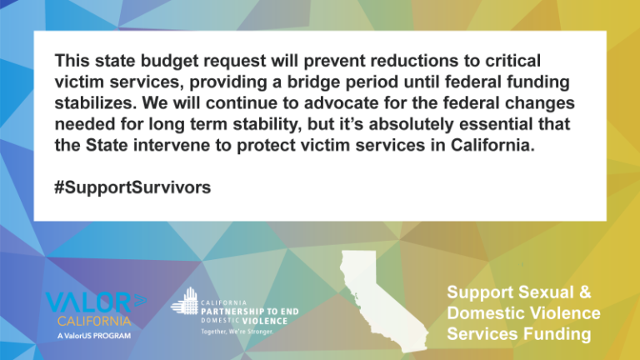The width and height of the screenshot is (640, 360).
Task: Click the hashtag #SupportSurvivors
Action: [x=132, y=187]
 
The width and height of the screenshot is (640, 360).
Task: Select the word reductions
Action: [x=415, y=60]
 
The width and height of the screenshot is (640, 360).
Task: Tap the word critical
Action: [x=513, y=60]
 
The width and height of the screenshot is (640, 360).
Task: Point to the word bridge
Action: [x=313, y=82]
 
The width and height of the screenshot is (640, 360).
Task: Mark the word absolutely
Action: [x=411, y=124]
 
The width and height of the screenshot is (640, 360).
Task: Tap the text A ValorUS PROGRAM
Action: [x=94, y=336]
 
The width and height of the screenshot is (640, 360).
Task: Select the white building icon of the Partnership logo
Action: [x=185, y=301]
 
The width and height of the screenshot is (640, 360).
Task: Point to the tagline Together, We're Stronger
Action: [x=237, y=332]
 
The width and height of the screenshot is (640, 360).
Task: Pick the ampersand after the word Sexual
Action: [x=584, y=292]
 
